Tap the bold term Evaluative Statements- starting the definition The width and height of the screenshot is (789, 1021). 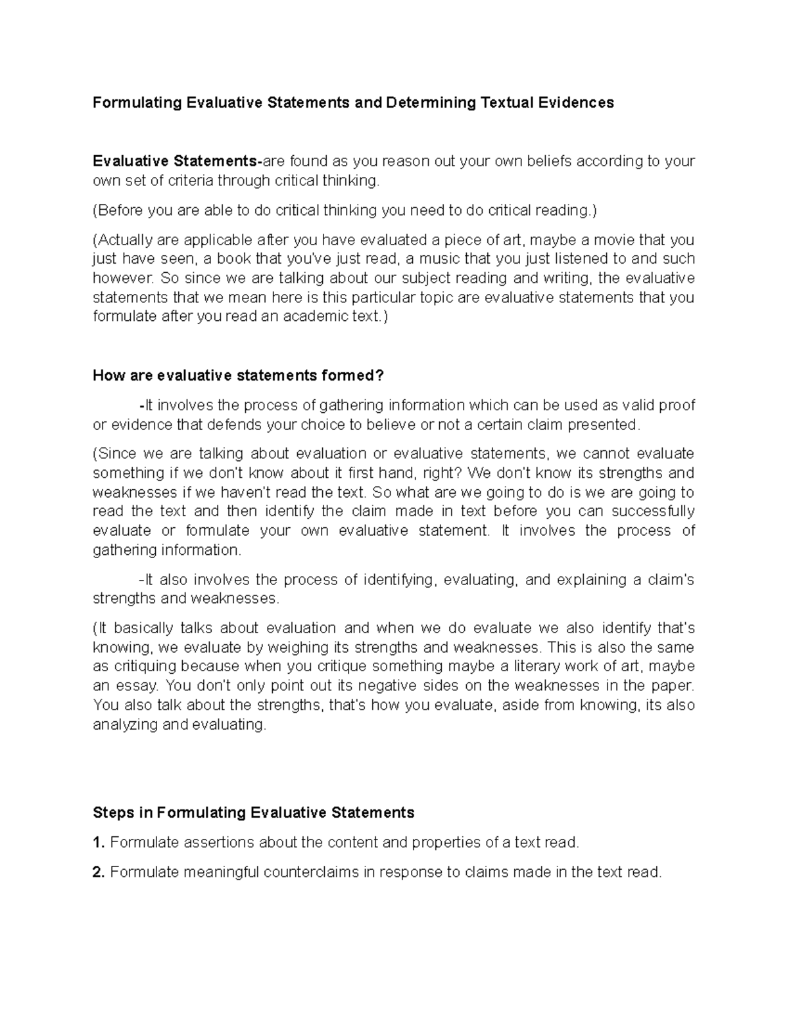(x=178, y=161)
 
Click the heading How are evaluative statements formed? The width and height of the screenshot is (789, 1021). (x=238, y=375)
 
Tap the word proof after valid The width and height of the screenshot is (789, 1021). (x=677, y=405)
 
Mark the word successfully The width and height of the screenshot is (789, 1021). (x=653, y=511)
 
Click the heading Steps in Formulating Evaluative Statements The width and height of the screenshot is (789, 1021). (x=254, y=813)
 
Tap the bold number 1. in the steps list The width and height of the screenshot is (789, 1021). (x=99, y=842)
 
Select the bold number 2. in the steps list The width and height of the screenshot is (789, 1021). (x=99, y=872)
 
